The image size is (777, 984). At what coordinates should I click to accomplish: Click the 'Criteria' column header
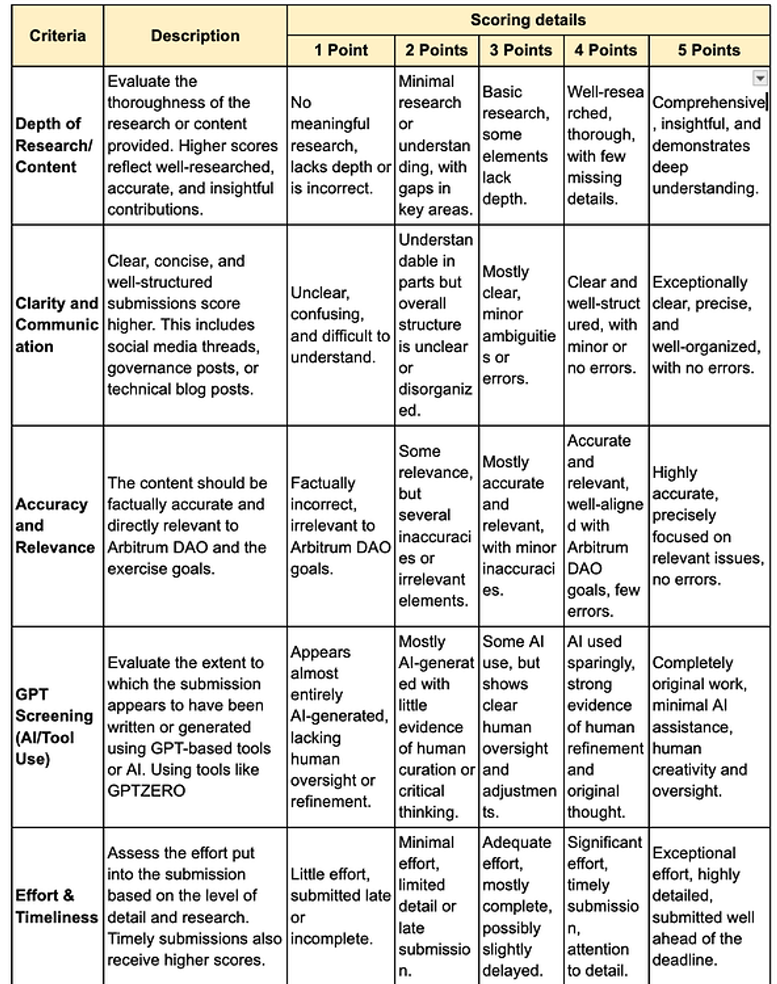click(57, 35)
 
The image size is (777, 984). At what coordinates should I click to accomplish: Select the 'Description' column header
click(195, 35)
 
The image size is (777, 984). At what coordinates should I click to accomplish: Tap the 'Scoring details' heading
click(528, 20)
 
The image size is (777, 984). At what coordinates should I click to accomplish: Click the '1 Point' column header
click(341, 51)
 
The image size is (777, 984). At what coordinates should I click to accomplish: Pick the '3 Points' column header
click(521, 51)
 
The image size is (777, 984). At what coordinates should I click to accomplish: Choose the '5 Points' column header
click(709, 51)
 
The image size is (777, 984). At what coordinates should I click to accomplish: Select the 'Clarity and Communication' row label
click(56, 325)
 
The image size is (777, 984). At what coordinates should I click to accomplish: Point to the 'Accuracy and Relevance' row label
click(54, 525)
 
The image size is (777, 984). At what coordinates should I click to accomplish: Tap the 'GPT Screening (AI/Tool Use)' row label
click(54, 726)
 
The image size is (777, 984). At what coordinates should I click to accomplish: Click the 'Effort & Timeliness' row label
click(56, 906)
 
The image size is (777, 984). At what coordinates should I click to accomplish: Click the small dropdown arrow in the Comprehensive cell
click(759, 79)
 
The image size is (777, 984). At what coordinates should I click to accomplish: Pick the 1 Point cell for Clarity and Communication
click(340, 325)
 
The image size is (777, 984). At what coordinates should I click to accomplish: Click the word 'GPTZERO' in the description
click(146, 790)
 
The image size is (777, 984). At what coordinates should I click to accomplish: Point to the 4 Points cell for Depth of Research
click(605, 145)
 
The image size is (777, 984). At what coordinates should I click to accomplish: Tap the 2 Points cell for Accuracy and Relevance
click(435, 525)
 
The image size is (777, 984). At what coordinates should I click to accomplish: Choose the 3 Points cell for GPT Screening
click(520, 726)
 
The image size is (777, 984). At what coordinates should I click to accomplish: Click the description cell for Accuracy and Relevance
click(194, 525)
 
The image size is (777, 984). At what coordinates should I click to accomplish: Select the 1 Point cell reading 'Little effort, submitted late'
click(340, 906)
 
